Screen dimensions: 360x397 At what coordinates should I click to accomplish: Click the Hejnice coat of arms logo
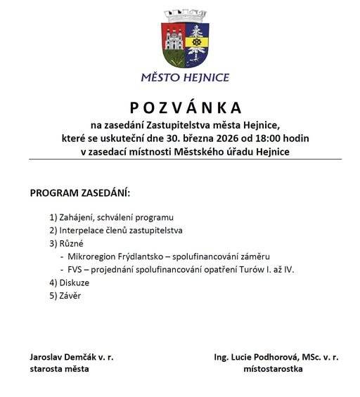(x=186, y=39)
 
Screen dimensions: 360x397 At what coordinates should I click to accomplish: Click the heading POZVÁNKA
(x=186, y=108)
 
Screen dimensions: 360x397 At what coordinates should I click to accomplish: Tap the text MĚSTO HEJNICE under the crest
(x=186, y=77)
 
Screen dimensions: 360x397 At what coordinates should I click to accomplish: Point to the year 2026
(x=224, y=138)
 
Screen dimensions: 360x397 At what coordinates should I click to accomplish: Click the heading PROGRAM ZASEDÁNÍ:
(x=80, y=193)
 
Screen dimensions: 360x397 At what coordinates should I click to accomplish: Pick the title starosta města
(x=60, y=369)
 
